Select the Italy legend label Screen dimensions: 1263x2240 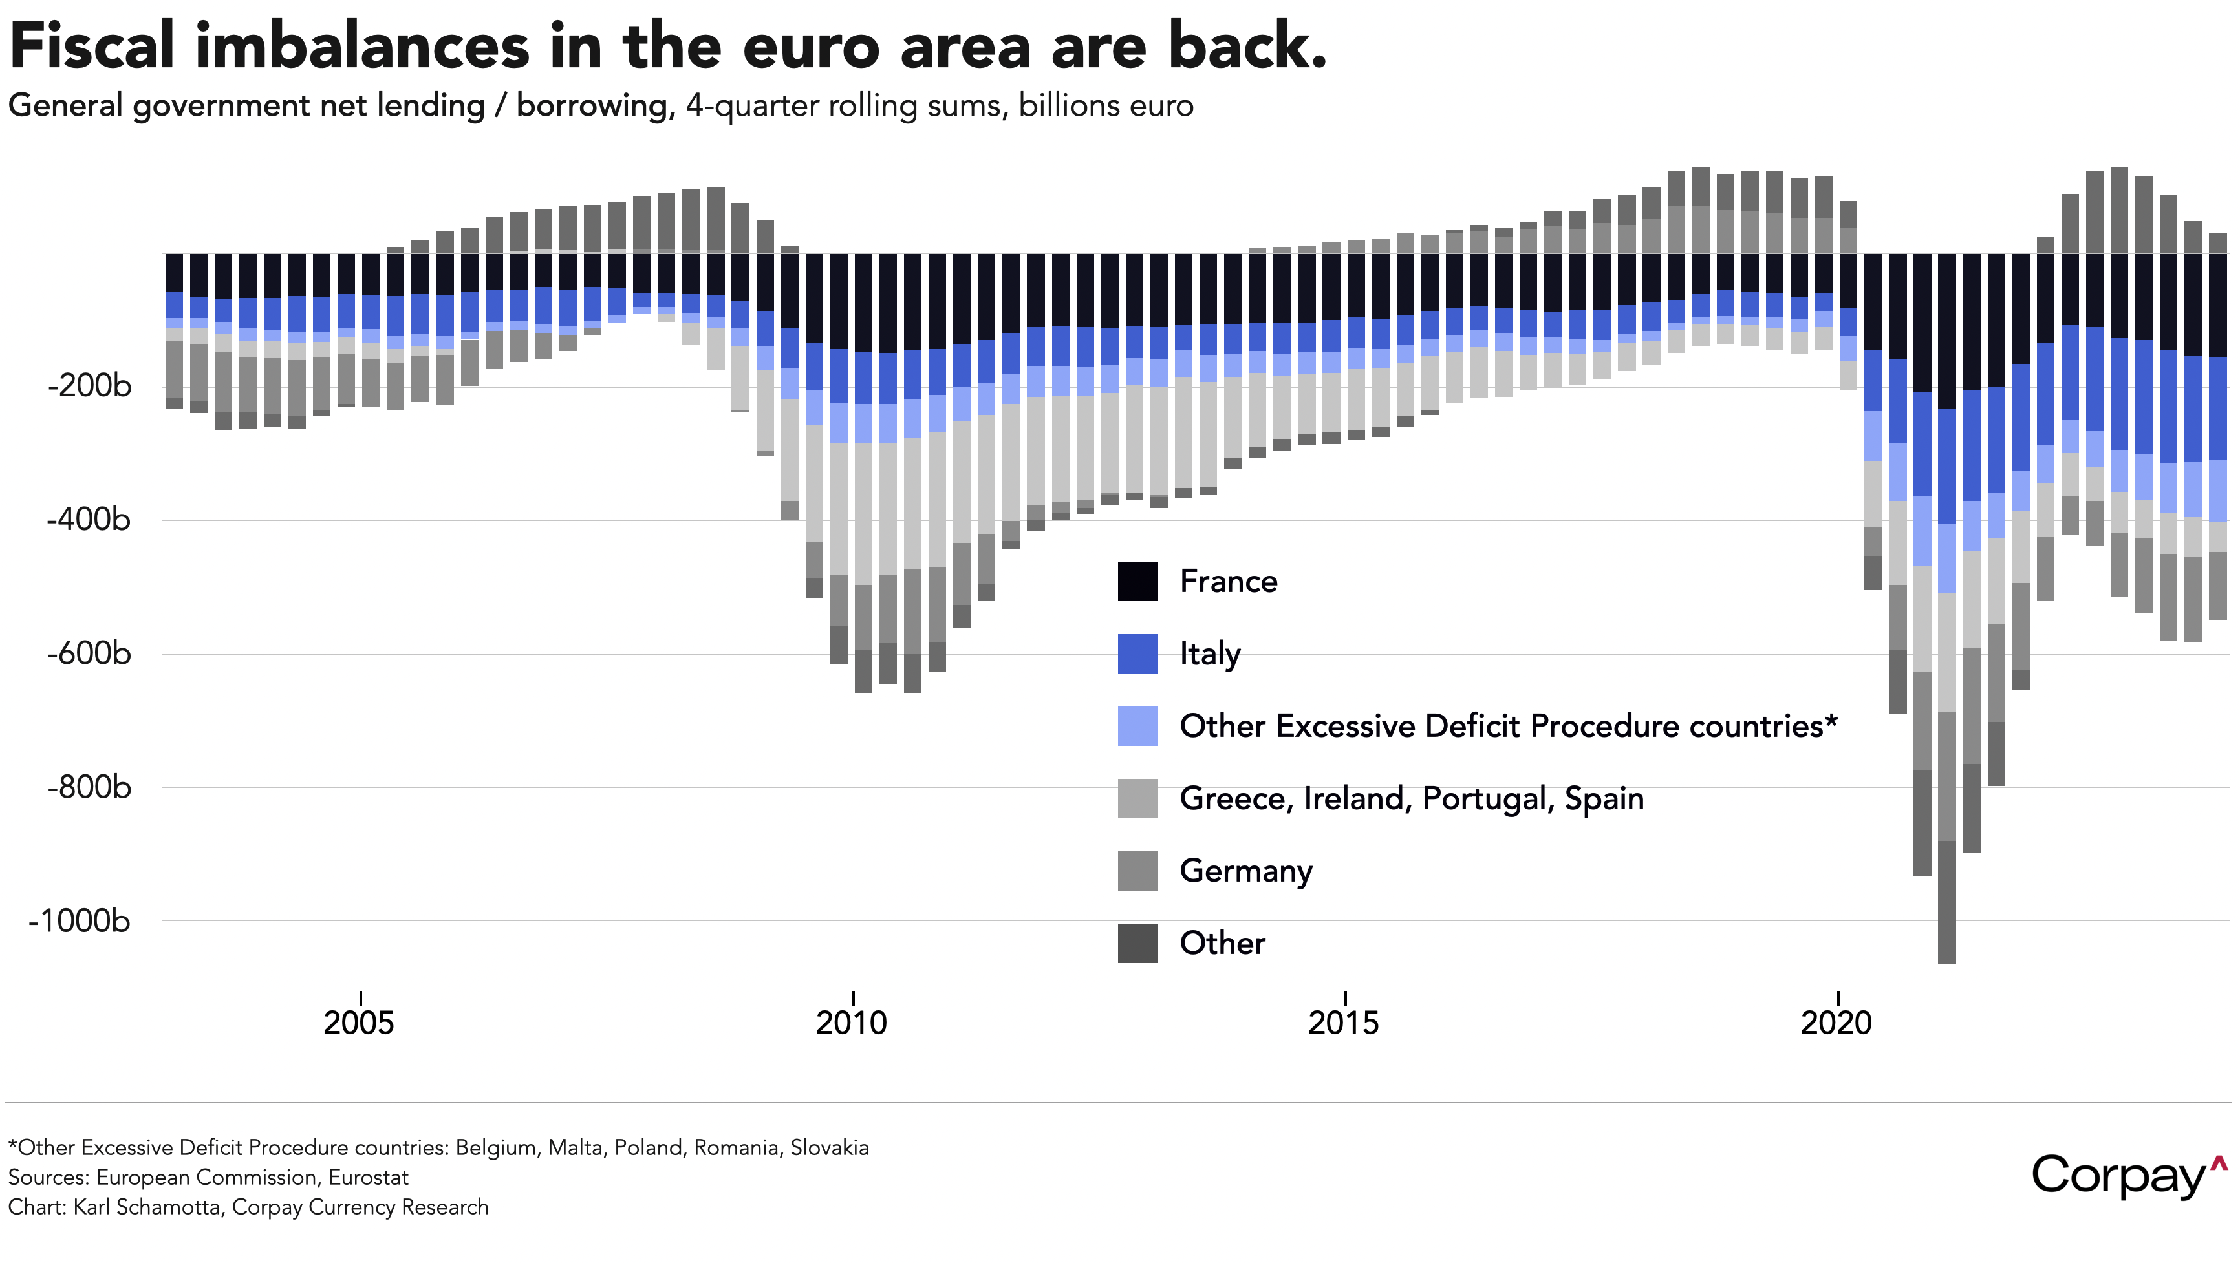1210,653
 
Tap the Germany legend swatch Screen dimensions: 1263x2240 1137,870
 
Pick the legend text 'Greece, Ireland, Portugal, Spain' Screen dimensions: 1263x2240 1410,798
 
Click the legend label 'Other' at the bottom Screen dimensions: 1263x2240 1222,943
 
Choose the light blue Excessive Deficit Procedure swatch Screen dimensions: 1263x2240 1137,726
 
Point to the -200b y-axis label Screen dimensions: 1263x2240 90,385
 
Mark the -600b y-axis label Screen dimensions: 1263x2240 90,653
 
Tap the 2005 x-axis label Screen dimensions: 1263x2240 359,1023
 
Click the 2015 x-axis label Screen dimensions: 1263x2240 1344,1023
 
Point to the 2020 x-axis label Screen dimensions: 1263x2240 1836,1023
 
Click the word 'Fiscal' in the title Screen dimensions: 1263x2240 92,47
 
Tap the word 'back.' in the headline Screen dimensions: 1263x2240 1247,47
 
